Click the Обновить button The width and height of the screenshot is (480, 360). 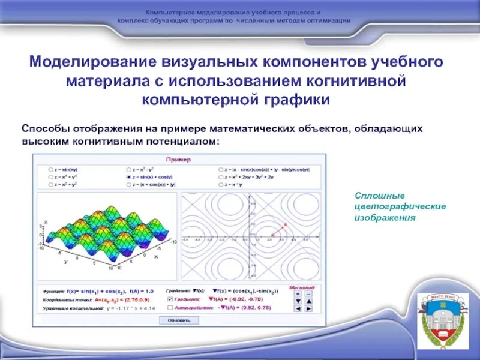click(x=178, y=320)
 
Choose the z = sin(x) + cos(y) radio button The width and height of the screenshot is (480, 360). click(x=129, y=178)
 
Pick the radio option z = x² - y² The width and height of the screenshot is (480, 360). click(x=129, y=170)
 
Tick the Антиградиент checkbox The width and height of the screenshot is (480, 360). click(x=169, y=307)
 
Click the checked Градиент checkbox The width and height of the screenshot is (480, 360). click(x=169, y=299)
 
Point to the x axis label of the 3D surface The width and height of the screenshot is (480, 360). click(x=156, y=256)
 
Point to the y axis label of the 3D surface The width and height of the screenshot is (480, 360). click(x=64, y=262)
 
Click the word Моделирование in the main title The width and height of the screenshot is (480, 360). click(x=91, y=62)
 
